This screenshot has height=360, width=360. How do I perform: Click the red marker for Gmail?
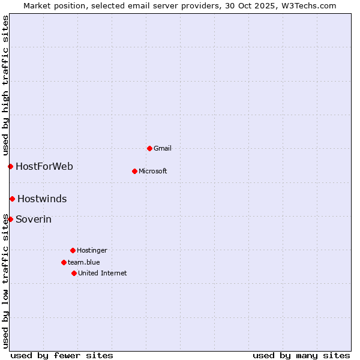[149, 148]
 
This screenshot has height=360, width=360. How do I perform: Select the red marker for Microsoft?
[134, 171]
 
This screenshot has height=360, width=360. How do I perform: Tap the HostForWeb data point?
[10, 166]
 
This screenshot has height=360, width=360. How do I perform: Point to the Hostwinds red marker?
[12, 199]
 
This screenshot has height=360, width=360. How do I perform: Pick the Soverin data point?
[10, 219]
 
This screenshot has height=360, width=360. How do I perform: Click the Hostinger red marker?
[73, 250]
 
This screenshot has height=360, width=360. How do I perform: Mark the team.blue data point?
[64, 262]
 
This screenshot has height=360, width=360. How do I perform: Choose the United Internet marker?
[74, 273]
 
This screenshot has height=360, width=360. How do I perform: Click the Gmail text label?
[163, 148]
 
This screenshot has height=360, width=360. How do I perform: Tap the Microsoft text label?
[153, 171]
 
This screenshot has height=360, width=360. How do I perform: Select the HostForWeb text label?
[44, 166]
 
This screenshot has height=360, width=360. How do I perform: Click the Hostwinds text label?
[42, 199]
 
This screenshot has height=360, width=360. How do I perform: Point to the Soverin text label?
[34, 219]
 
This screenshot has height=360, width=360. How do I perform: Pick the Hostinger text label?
[92, 250]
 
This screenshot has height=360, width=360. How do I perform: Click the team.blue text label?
[84, 262]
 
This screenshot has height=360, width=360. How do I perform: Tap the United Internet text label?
[103, 273]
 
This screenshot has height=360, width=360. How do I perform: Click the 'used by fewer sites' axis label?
[62, 355]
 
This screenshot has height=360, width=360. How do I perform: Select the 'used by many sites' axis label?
[301, 355]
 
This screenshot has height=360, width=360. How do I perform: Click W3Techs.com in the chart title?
[307, 5]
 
